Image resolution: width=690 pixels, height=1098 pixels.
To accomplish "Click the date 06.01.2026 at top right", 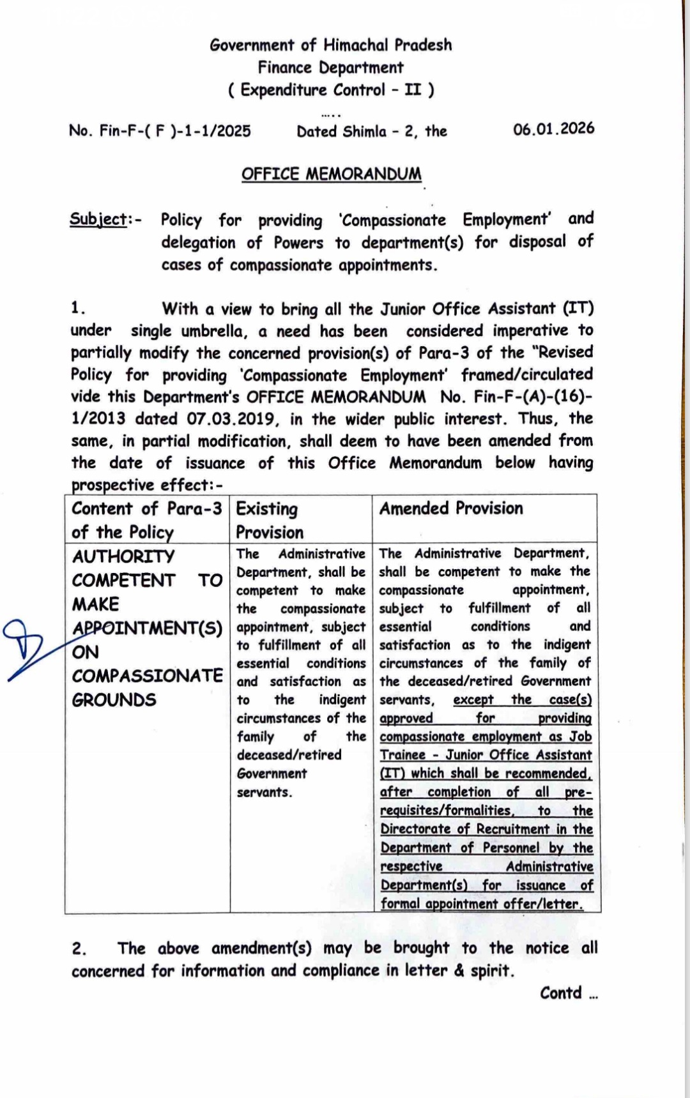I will click(x=553, y=129).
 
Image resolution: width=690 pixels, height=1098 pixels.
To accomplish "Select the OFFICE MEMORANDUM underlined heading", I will click(x=331, y=174).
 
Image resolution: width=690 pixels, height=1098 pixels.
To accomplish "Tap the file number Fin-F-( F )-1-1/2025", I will click(x=174, y=131).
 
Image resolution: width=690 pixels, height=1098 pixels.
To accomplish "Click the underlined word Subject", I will click(x=98, y=219).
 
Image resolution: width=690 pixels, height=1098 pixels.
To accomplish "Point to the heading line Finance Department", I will click(x=330, y=68).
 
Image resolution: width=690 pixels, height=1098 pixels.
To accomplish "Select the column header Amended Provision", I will click(x=451, y=508).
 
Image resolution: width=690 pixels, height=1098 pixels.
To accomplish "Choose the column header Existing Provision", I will click(x=269, y=521).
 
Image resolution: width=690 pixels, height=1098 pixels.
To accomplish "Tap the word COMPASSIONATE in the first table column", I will click(x=147, y=676).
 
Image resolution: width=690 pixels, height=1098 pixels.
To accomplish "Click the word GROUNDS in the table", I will click(x=114, y=700).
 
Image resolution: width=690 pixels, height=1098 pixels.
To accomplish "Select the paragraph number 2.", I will click(x=79, y=949).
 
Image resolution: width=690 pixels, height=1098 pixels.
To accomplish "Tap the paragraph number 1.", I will click(x=77, y=308).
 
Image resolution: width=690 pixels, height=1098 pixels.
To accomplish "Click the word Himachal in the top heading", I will click(x=355, y=45).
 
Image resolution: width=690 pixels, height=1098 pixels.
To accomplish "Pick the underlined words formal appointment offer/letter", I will click(x=482, y=904).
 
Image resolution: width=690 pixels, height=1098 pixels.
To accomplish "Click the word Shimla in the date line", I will click(x=364, y=132).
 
